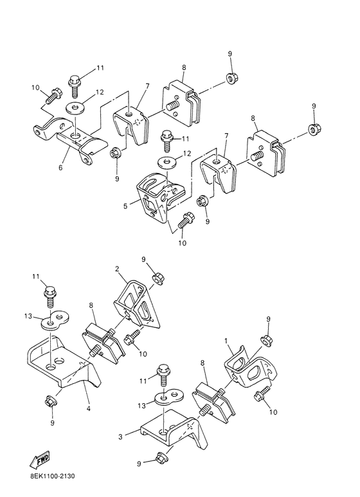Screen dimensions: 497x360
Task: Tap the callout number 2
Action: (x=117, y=269)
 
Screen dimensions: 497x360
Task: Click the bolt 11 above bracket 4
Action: (x=50, y=296)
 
